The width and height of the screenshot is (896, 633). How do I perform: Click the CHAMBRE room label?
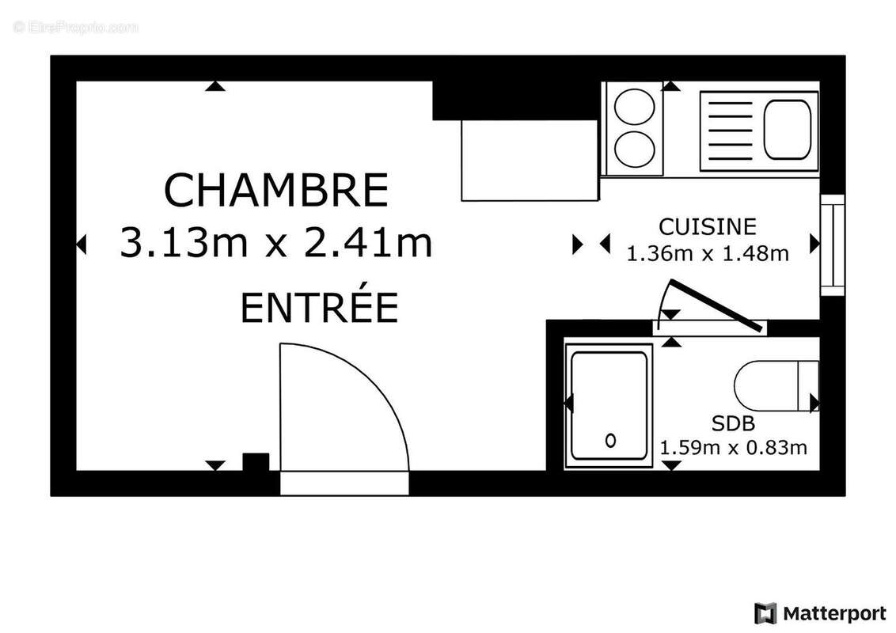tap(276, 190)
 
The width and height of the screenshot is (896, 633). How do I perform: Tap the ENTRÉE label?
tap(318, 308)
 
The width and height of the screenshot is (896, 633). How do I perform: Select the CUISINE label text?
tap(708, 227)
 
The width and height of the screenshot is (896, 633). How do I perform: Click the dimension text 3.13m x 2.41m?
tap(276, 242)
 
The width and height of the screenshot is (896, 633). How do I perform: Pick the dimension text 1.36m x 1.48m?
tap(708, 254)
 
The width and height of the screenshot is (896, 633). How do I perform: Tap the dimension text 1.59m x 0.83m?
tap(733, 448)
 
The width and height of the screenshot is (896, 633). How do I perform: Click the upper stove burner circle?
tap(634, 108)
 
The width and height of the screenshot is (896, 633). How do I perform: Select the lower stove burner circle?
tap(634, 148)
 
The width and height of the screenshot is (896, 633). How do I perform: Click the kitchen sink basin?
tap(788, 126)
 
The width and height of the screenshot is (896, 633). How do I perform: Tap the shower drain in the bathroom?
tap(610, 440)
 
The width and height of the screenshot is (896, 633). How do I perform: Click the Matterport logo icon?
tap(765, 613)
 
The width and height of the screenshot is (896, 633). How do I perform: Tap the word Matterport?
tap(834, 613)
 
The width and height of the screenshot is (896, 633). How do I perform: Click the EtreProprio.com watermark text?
tap(76, 28)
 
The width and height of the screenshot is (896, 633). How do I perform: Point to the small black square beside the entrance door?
tap(255, 462)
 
